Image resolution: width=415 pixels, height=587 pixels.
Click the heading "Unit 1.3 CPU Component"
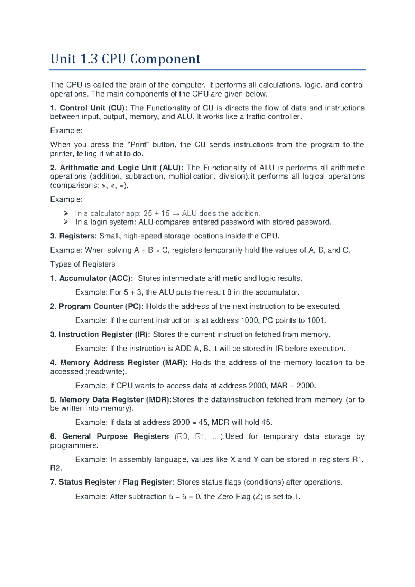[x=125, y=59]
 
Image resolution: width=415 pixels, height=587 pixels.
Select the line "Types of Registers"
[x=83, y=264]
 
